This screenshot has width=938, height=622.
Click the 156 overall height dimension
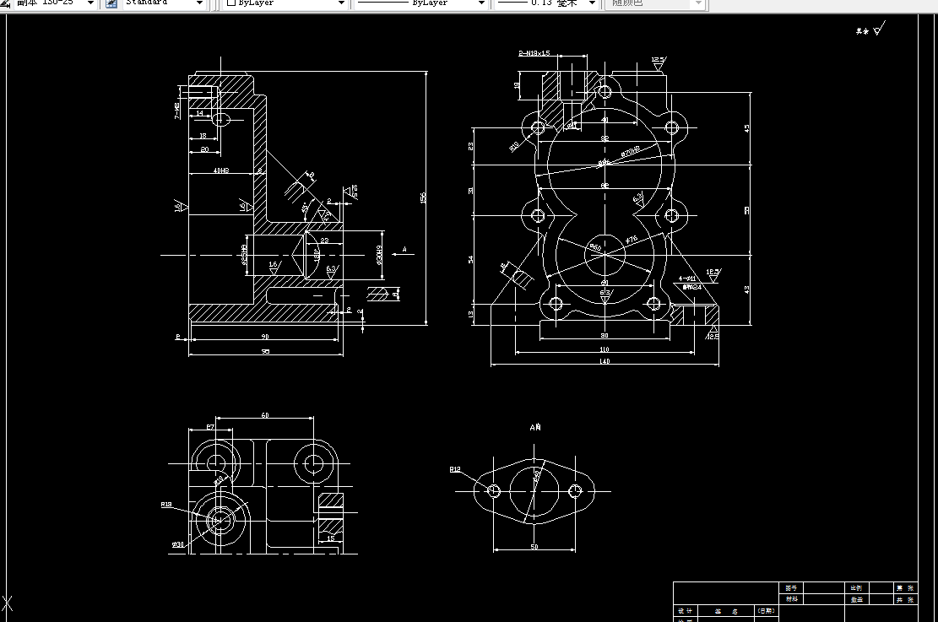[x=423, y=197]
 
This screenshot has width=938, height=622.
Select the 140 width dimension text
[x=605, y=361]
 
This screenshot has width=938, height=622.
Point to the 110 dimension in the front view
[x=605, y=349]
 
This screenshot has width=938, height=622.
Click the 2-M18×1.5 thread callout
[x=534, y=53]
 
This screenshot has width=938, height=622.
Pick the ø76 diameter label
[x=632, y=241]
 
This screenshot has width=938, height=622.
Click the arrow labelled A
[x=405, y=250]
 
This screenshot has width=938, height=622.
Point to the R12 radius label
[x=455, y=469]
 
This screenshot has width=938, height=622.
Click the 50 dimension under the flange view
[x=534, y=547]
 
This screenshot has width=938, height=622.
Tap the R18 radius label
[x=166, y=505]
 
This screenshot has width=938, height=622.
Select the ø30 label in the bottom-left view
[x=177, y=544]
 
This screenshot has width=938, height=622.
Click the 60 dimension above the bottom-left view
[x=264, y=415]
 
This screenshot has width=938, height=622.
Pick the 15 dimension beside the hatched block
[x=330, y=538]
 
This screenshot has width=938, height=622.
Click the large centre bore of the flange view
[x=534, y=490]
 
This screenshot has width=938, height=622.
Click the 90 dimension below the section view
[x=265, y=337]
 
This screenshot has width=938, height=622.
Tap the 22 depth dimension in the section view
[x=324, y=241]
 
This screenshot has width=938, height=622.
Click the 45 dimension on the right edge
[x=746, y=128]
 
